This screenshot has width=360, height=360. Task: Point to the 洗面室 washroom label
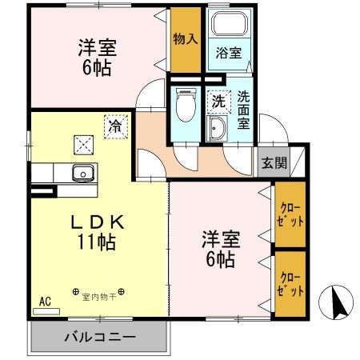coord(244,110)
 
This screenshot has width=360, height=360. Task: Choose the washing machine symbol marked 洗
coord(218,102)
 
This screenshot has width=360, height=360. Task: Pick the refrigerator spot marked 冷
coord(116,125)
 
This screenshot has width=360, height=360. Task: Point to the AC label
coord(45,302)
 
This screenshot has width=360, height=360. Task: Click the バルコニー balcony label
coord(99,337)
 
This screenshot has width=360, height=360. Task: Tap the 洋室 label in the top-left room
coord(98,46)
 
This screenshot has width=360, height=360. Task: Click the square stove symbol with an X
coord(84,144)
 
